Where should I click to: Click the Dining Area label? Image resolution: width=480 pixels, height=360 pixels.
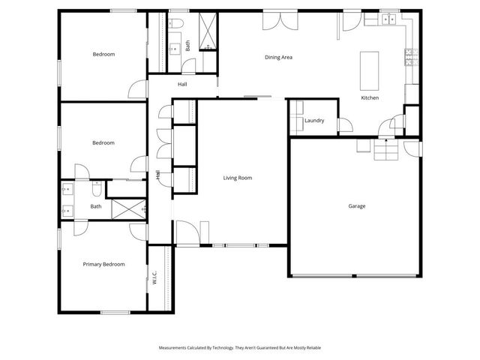coord(277,57)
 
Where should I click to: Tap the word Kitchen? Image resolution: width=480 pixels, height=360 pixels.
coord(370,98)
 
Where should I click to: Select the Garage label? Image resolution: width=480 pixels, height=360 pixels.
coord(357,205)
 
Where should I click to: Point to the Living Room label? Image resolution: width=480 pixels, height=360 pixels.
coord(237,178)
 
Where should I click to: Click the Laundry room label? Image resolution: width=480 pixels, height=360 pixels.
coord(313,121)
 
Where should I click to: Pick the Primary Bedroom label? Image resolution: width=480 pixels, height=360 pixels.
coord(103,264)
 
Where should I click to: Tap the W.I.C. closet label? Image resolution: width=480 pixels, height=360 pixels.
coord(154,277)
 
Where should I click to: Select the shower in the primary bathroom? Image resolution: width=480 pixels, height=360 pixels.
coord(128,208)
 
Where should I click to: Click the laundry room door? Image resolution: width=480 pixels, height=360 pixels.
coord(344,124)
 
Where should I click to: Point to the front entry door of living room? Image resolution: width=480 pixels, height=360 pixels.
coord(187,232)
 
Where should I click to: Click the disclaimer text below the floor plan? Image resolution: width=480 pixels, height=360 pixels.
coord(240,348)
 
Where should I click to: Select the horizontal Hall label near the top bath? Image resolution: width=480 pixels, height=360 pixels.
coord(182,84)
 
